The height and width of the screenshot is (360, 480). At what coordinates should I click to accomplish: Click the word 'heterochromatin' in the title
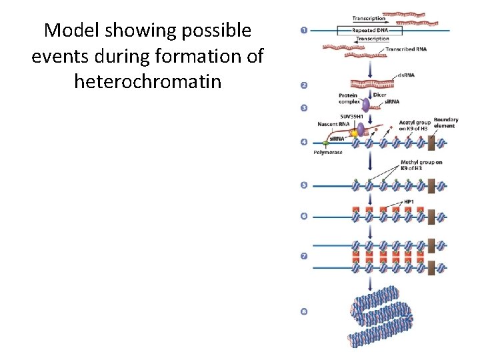[x=147, y=82]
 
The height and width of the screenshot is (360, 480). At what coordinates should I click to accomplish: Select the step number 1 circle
[x=304, y=31]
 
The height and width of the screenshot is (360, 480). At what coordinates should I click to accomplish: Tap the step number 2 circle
[x=304, y=85]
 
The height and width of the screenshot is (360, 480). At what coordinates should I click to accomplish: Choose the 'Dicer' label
[x=379, y=95]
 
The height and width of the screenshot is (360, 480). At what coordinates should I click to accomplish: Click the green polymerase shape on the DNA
[x=327, y=143]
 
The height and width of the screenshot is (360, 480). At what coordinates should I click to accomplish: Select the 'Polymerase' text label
[x=327, y=153]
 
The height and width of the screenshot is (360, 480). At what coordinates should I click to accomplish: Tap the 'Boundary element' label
[x=445, y=123]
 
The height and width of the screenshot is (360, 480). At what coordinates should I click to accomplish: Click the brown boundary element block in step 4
[x=431, y=142]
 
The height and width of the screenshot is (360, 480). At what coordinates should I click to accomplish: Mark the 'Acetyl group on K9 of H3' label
[x=414, y=126]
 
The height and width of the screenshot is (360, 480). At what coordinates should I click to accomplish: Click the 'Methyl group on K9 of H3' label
[x=421, y=165]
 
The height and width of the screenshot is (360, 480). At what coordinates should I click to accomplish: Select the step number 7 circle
[x=304, y=256]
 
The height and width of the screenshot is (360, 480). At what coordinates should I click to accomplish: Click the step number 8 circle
[x=304, y=311]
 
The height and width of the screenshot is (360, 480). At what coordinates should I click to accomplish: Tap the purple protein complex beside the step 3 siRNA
[x=366, y=104]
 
